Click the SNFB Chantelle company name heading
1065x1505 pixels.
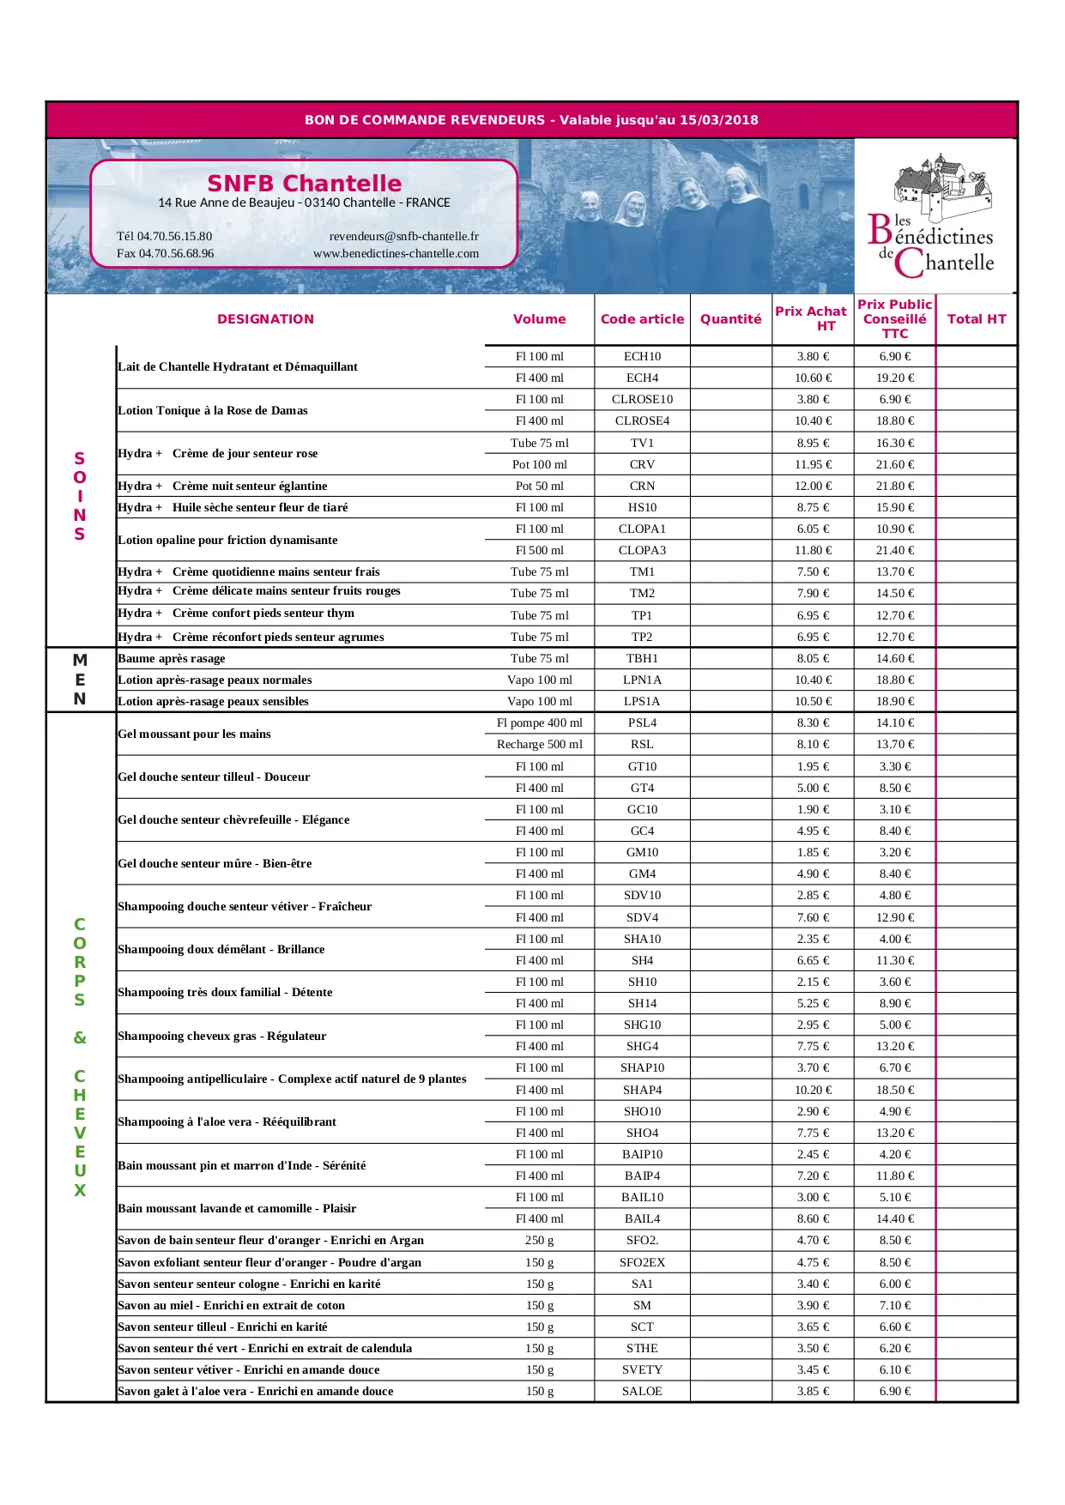click(304, 183)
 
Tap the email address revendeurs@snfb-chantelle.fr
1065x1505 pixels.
click(403, 236)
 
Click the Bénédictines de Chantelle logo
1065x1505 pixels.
click(935, 218)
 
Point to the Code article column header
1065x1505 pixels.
click(642, 319)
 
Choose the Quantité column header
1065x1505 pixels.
click(730, 319)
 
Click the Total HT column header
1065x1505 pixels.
click(976, 319)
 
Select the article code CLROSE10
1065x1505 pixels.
click(642, 399)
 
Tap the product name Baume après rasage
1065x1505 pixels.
click(172, 658)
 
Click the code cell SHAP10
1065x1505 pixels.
click(642, 1067)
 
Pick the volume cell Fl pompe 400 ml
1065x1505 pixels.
click(539, 722)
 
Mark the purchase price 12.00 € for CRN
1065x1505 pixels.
click(813, 486)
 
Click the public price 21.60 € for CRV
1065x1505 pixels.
click(894, 464)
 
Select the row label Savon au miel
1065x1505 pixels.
click(231, 1305)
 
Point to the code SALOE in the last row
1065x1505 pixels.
click(642, 1391)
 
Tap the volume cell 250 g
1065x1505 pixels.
click(539, 1240)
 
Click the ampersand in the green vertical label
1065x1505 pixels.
click(80, 1037)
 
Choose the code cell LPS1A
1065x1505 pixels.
click(642, 701)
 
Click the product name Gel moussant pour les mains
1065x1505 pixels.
click(194, 734)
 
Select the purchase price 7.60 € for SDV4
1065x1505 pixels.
click(813, 917)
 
